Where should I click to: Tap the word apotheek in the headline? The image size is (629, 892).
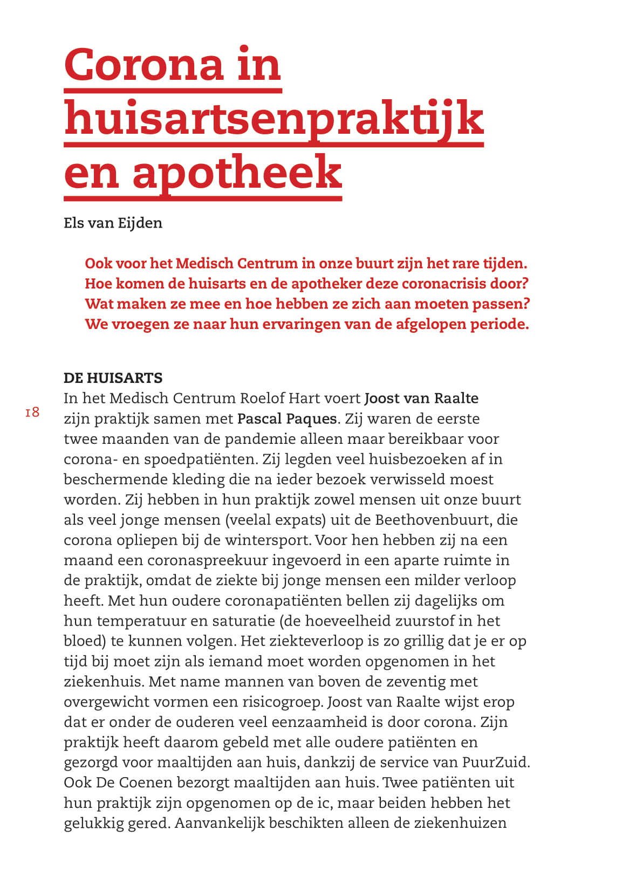[237, 173]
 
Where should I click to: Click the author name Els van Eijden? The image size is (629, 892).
[113, 223]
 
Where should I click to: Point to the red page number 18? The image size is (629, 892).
[32, 413]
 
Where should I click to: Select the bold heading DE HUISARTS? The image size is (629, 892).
[113, 378]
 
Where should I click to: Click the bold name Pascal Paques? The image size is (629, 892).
[287, 418]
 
